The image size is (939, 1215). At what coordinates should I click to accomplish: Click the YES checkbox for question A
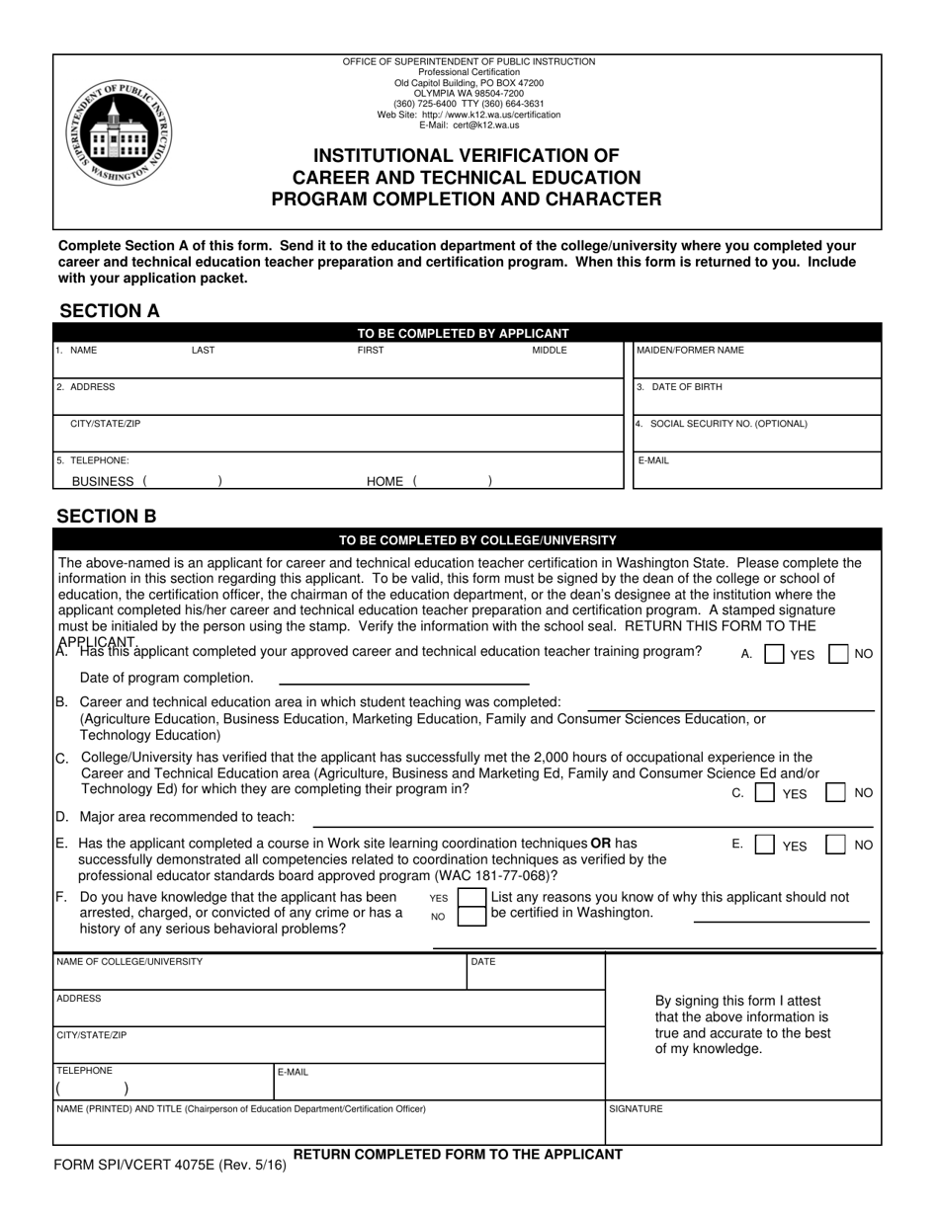pyautogui.click(x=776, y=654)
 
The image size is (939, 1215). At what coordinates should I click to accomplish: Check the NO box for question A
pyautogui.click(x=837, y=654)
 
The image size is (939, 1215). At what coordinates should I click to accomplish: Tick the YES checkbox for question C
pyautogui.click(x=764, y=792)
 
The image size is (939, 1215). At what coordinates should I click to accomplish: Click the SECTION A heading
pyautogui.click(x=110, y=311)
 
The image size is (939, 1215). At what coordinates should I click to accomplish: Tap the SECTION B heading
pyautogui.click(x=107, y=517)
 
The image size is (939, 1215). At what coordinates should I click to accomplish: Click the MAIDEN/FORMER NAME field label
pyautogui.click(x=690, y=351)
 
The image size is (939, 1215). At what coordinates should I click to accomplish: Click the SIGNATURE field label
pyautogui.click(x=636, y=1109)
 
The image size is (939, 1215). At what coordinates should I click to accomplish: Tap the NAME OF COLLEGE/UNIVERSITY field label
pyautogui.click(x=129, y=961)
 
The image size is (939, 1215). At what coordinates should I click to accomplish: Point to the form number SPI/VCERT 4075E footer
pyautogui.click(x=171, y=1165)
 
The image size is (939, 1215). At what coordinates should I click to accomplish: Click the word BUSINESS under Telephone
pyautogui.click(x=103, y=481)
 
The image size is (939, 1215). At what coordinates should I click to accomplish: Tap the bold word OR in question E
pyautogui.click(x=600, y=843)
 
